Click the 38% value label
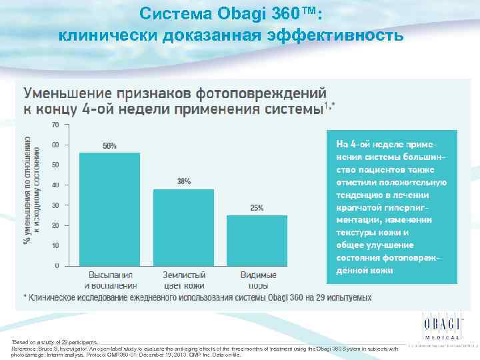click(184, 181)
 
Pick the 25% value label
click(257, 208)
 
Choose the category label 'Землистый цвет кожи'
click(183, 280)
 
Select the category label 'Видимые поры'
click(257, 280)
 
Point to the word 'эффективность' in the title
click(335, 35)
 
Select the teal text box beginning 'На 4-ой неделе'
click(391, 206)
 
